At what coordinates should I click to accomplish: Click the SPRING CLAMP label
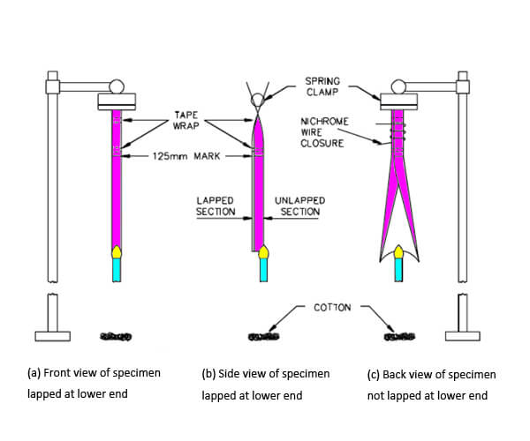(324, 86)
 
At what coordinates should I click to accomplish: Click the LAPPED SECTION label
(215, 206)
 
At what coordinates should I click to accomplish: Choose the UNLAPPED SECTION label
(300, 206)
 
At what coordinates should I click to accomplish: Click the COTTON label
(332, 307)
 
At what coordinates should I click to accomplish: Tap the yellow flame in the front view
(116, 252)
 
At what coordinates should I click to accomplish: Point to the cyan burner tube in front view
(116, 270)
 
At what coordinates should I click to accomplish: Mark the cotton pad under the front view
(116, 336)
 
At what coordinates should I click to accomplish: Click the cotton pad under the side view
(264, 336)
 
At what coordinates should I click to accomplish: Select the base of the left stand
(53, 335)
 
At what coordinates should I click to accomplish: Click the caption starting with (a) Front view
(94, 384)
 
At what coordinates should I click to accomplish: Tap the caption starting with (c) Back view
(431, 385)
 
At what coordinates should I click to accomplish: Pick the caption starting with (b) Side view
(265, 385)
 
